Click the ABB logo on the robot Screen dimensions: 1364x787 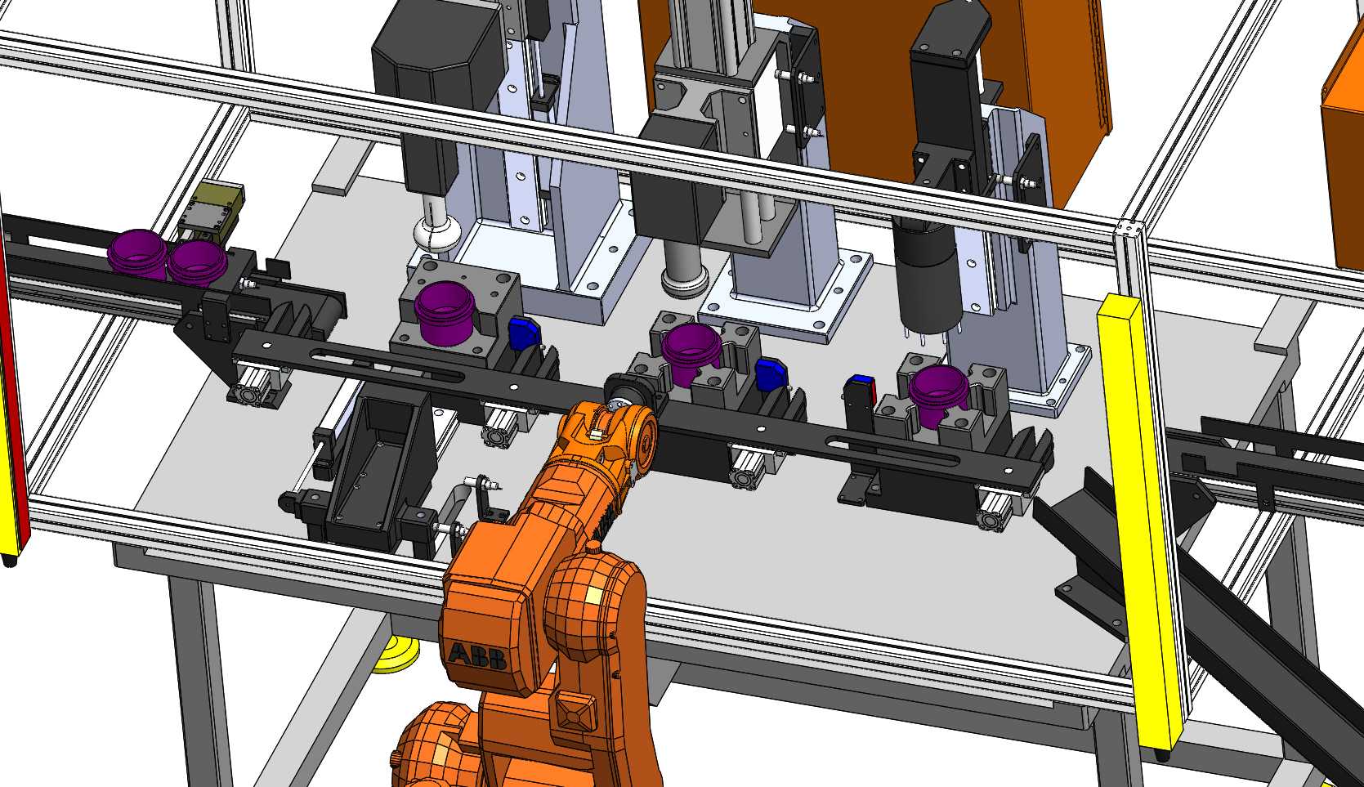click(477, 656)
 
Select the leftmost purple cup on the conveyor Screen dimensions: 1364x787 click(137, 253)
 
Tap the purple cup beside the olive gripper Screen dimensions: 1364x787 click(197, 262)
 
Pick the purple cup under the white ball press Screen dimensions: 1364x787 click(445, 312)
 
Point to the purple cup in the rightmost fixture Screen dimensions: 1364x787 click(938, 395)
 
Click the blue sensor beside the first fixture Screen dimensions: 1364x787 click(525, 333)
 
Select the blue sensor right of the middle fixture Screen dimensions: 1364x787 click(771, 374)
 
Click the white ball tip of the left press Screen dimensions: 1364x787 click(437, 235)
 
